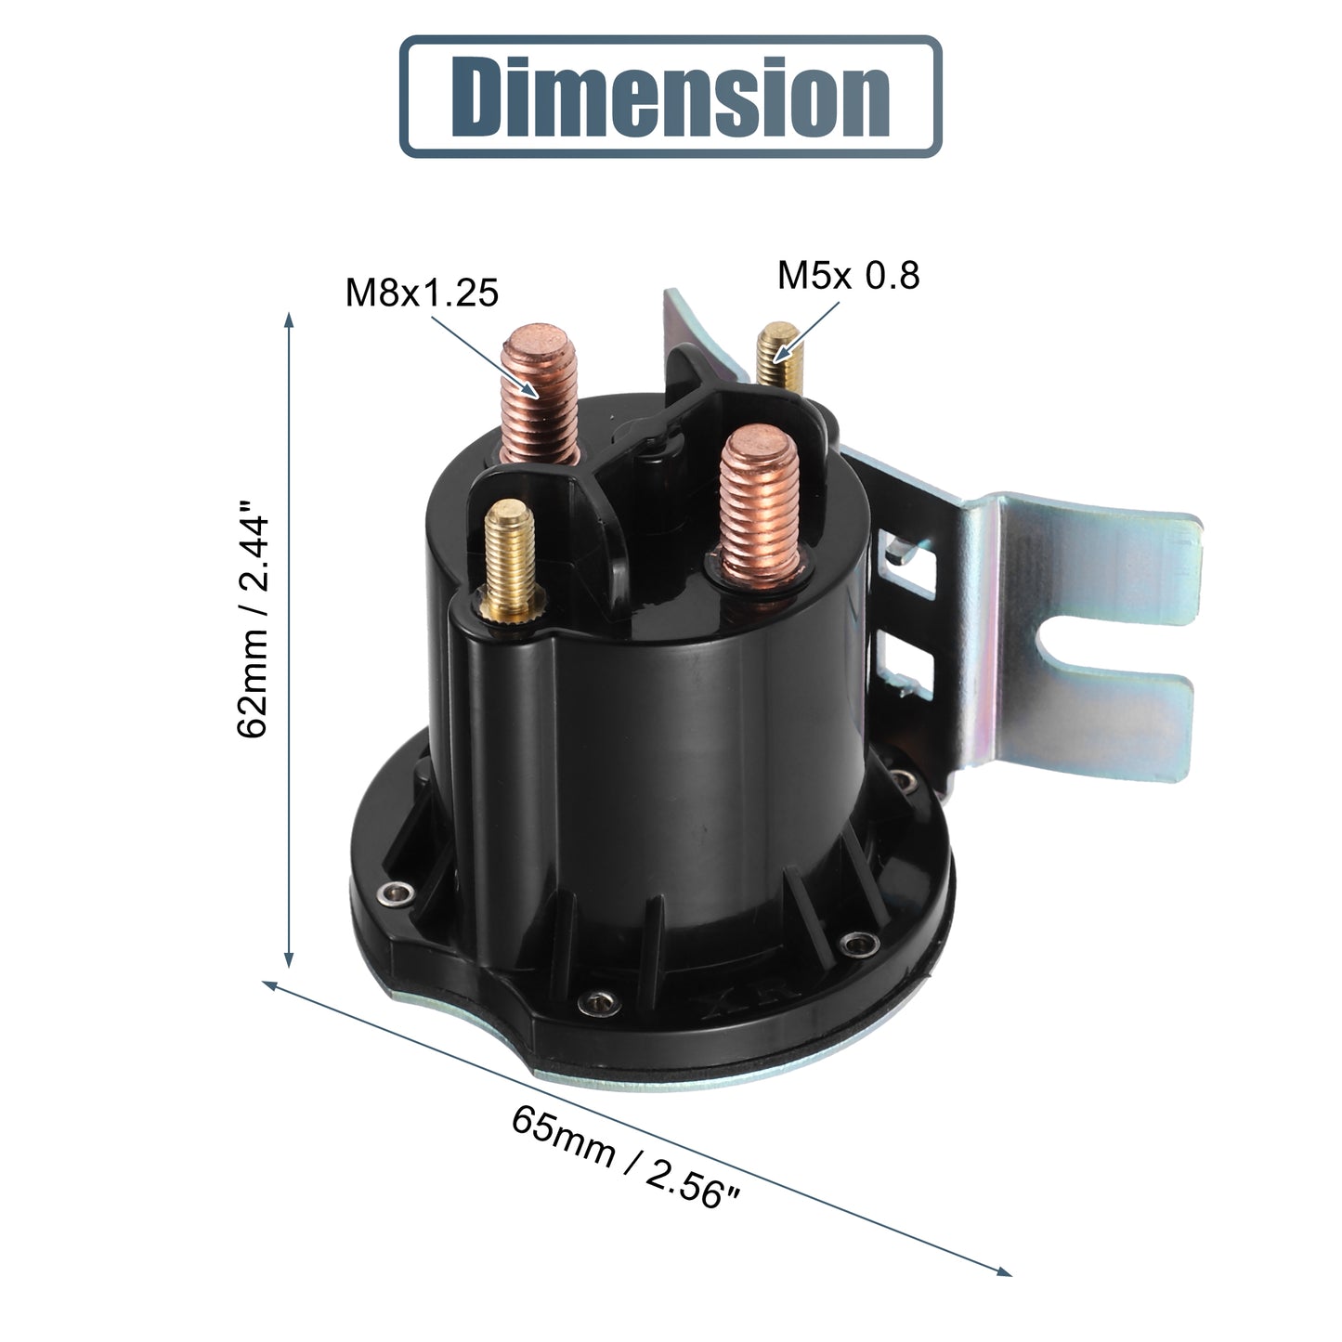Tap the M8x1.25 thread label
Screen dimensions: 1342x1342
pos(422,293)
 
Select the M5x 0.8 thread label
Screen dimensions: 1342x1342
pos(848,275)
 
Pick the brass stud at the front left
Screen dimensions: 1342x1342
pos(511,561)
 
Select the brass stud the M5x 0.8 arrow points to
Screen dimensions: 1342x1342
pos(780,355)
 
